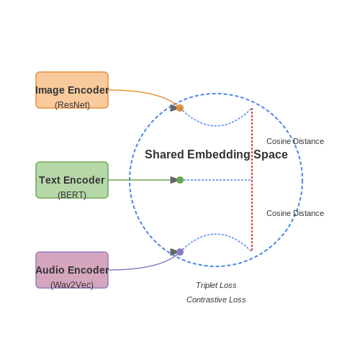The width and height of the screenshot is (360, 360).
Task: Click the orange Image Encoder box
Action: pos(72,90)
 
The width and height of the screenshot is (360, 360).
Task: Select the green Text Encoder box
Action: pos(72,180)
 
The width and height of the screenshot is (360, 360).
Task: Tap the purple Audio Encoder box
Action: pos(72,270)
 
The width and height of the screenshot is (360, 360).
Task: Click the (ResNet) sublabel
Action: pos(72,105)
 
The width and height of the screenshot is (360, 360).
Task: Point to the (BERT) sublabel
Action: pos(72,195)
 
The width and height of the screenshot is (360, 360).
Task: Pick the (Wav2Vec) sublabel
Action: pos(72,285)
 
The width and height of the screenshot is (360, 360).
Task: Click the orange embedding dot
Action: pos(180,108)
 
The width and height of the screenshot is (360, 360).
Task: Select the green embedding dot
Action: pos(180,180)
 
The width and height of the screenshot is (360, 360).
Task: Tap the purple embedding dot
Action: pos(180,252)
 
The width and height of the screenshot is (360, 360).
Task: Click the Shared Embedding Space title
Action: pos(216,154)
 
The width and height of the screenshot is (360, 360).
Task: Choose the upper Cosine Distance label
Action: pos(295,141)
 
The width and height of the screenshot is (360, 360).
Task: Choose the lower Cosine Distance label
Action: pos(295,213)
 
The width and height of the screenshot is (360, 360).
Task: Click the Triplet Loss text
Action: pos(216,285)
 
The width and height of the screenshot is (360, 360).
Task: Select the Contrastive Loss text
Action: pos(216,300)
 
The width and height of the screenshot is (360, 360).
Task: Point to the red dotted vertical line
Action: pos(252,180)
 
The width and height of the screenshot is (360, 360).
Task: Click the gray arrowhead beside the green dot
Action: pos(174,180)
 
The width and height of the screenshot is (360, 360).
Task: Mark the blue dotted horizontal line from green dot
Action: pos(216,180)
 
